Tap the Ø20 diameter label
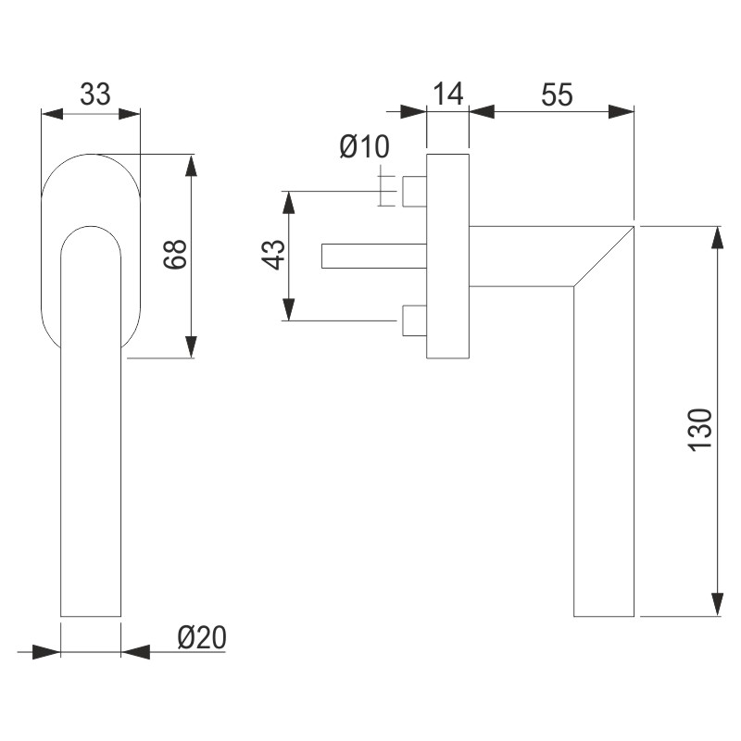[201, 637]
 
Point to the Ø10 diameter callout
[364, 146]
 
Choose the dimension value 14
[447, 94]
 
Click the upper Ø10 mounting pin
[413, 192]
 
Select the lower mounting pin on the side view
[413, 320]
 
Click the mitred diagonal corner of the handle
[604, 256]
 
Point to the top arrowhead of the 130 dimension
[718, 235]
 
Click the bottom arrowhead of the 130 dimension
[718, 605]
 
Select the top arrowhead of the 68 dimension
[192, 164]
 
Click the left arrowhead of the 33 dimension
[52, 114]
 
